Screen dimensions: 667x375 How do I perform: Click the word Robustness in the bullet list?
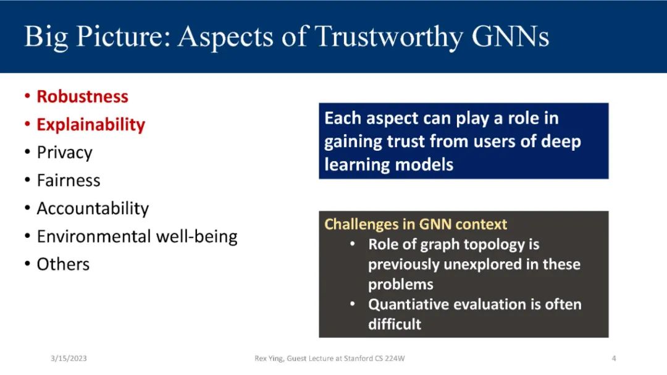pyautogui.click(x=83, y=96)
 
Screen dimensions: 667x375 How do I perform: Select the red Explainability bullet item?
pyautogui.click(x=91, y=125)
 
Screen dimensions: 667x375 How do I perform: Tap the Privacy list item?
pyautogui.click(x=65, y=153)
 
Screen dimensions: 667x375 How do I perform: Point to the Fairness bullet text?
pyautogui.click(x=69, y=180)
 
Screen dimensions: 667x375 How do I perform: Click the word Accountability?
pyautogui.click(x=93, y=209)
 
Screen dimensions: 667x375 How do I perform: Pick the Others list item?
pyautogui.click(x=64, y=264)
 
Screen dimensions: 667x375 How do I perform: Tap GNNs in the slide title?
pyautogui.click(x=511, y=36)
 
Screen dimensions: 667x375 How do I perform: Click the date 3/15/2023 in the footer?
pyautogui.click(x=69, y=358)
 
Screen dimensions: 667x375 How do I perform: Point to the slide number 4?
pyautogui.click(x=614, y=358)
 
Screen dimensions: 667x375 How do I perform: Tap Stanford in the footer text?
pyautogui.click(x=358, y=358)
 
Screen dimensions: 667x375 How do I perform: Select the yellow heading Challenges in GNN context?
pyautogui.click(x=416, y=224)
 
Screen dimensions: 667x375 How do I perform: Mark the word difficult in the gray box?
pyautogui.click(x=395, y=324)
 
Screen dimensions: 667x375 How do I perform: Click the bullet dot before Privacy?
pyautogui.click(x=28, y=153)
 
